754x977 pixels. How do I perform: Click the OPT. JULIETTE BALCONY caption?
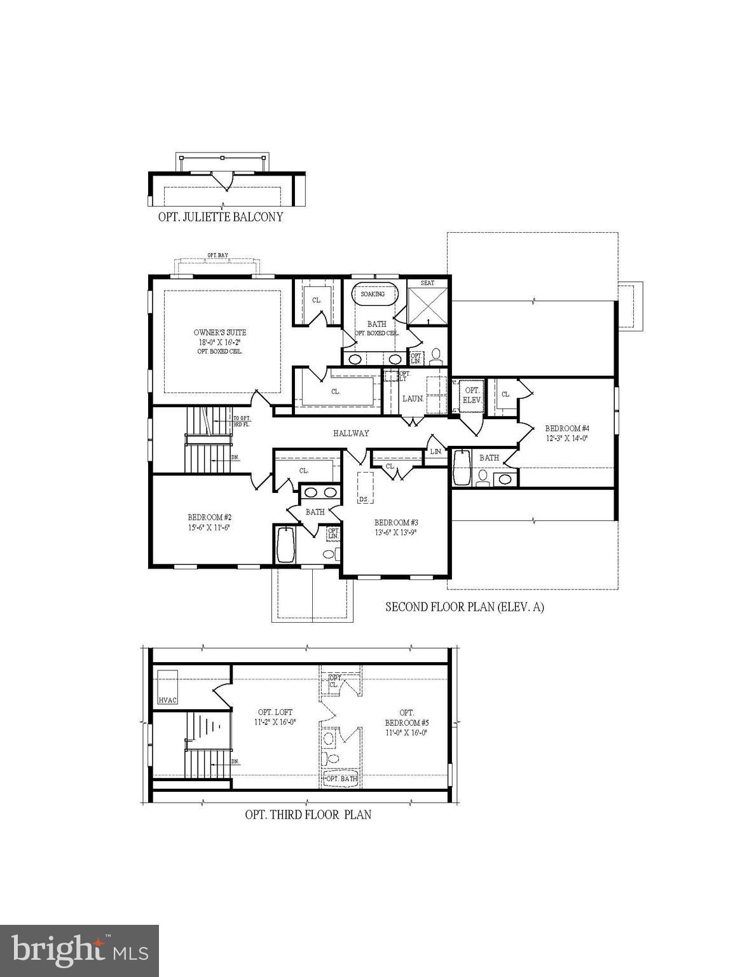pos(221,217)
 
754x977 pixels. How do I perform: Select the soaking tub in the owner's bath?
pos(374,294)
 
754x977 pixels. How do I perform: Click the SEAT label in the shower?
pos(427,282)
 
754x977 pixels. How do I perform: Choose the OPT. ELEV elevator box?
pos(472,395)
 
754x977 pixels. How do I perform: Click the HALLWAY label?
pos(351,433)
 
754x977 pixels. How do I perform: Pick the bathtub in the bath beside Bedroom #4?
pos(461,468)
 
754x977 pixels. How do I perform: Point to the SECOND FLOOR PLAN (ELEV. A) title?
pos(465,607)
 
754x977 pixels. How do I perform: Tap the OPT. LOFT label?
pos(275,712)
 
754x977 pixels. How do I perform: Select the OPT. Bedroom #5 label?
pos(407,723)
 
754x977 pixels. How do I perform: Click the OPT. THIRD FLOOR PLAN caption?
pos(308,814)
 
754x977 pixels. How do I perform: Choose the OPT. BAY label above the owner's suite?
pos(217,256)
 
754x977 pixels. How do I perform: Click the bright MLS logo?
pos(79,951)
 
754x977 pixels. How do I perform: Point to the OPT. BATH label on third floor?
pos(341,779)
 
